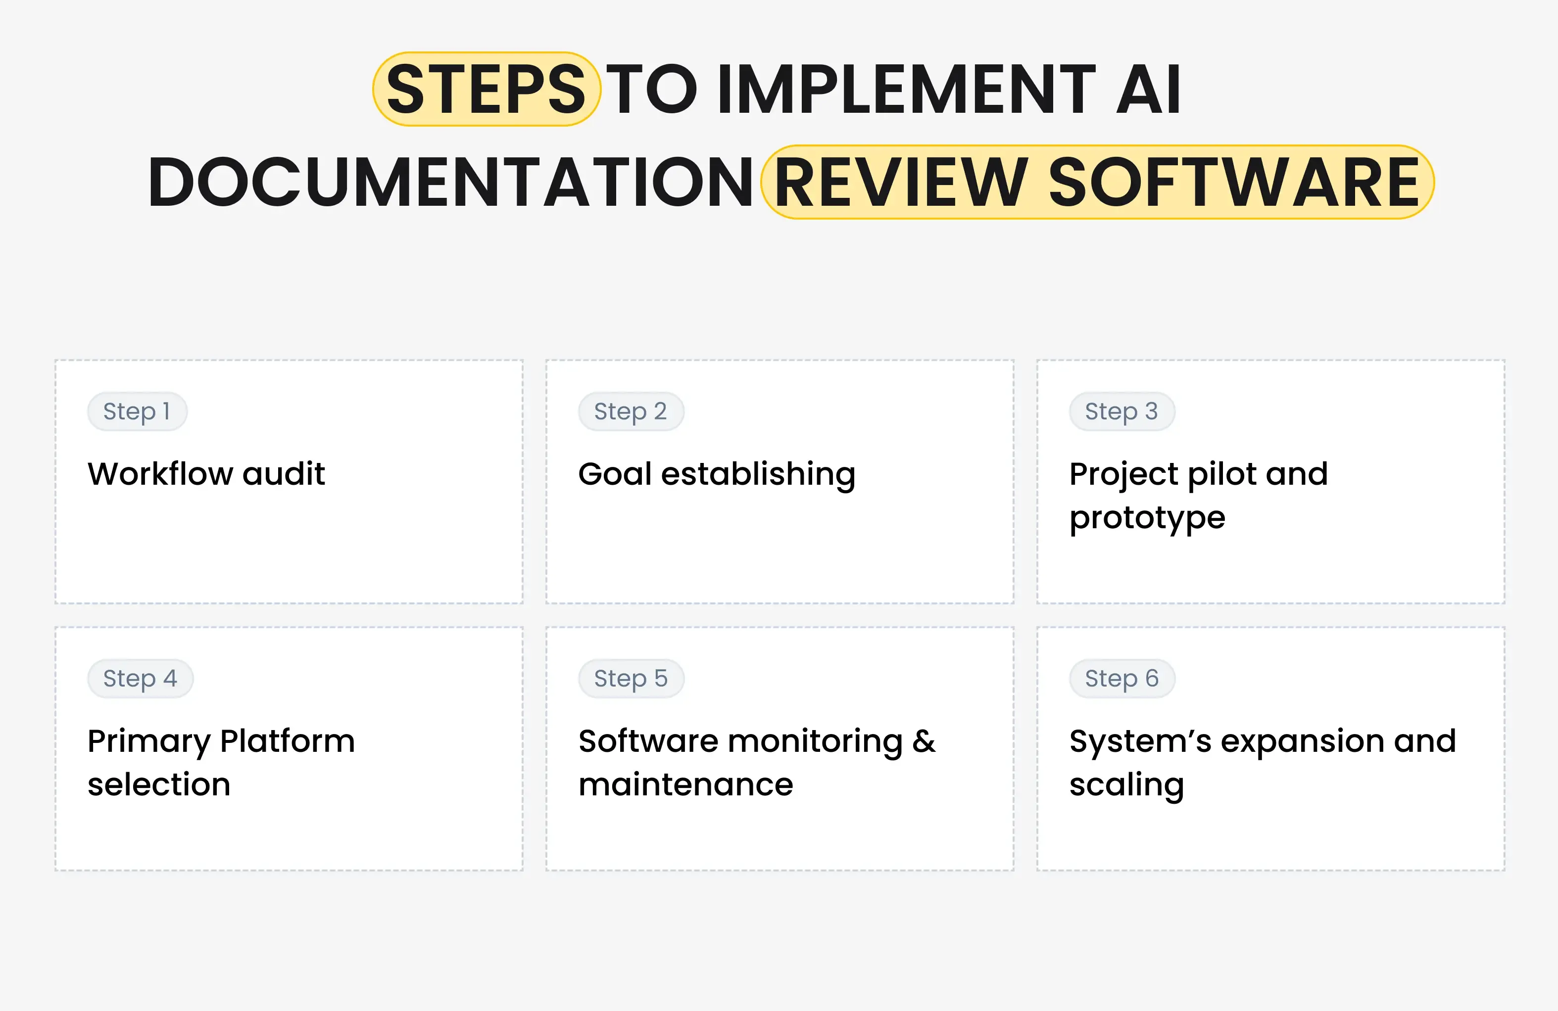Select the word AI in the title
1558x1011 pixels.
click(x=1149, y=89)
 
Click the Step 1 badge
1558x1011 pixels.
click(x=137, y=412)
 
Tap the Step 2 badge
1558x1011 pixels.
click(x=631, y=412)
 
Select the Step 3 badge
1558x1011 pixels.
click(x=1121, y=412)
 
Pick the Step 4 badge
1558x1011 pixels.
click(x=140, y=679)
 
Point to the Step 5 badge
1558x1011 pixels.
click(x=631, y=679)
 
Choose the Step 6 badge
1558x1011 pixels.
click(x=1121, y=679)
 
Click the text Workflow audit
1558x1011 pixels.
click(x=206, y=474)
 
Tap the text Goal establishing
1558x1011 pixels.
click(x=717, y=474)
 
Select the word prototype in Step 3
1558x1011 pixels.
click(x=1147, y=518)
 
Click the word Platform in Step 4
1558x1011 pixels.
click(x=288, y=741)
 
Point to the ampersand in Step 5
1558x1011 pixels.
click(x=924, y=741)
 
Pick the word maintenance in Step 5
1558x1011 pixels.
click(x=685, y=784)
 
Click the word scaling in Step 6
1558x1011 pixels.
click(x=1126, y=784)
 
